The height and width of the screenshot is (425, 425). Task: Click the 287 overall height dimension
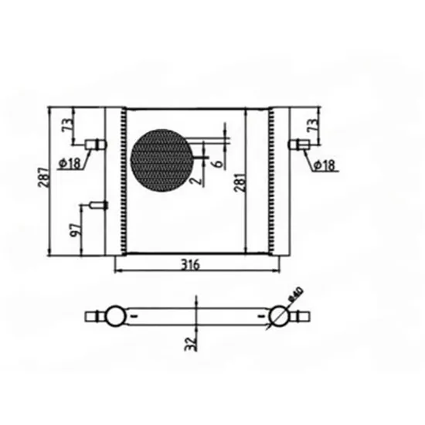point(44,178)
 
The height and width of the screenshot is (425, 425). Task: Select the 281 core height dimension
point(240,182)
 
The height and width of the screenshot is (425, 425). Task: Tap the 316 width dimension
point(190,264)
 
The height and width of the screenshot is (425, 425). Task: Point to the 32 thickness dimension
point(191,344)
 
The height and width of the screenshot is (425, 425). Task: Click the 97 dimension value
point(76,230)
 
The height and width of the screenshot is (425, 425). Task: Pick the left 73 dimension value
point(68,125)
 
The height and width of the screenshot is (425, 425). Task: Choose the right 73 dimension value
point(312,125)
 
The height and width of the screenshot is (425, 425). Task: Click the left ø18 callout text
point(70,163)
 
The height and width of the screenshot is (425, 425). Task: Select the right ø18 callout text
point(325,165)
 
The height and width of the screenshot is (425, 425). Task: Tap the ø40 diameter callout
point(296,294)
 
